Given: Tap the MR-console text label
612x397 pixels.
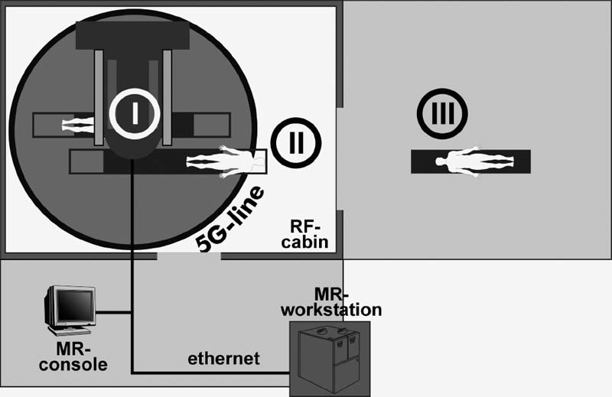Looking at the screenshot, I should click(x=75, y=357).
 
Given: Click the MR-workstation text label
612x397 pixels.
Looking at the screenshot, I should click(x=331, y=302).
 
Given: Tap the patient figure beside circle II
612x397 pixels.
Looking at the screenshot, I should click(x=226, y=162).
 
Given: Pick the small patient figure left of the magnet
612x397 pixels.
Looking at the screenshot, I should click(x=76, y=123).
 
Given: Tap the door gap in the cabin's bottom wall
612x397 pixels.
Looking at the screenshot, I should click(x=189, y=256).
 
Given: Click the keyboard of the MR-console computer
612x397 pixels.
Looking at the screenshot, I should click(x=70, y=331).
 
